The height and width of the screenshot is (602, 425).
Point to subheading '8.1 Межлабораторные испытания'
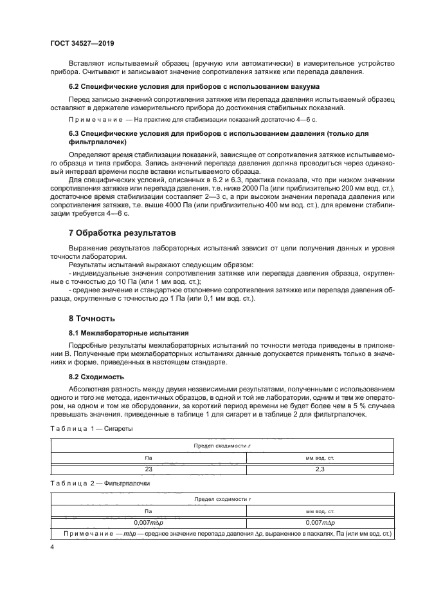(129, 333)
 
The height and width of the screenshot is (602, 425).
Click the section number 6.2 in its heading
(75, 86)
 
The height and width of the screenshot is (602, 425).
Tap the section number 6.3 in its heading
(75, 133)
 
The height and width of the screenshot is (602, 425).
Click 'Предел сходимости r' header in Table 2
(222, 499)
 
